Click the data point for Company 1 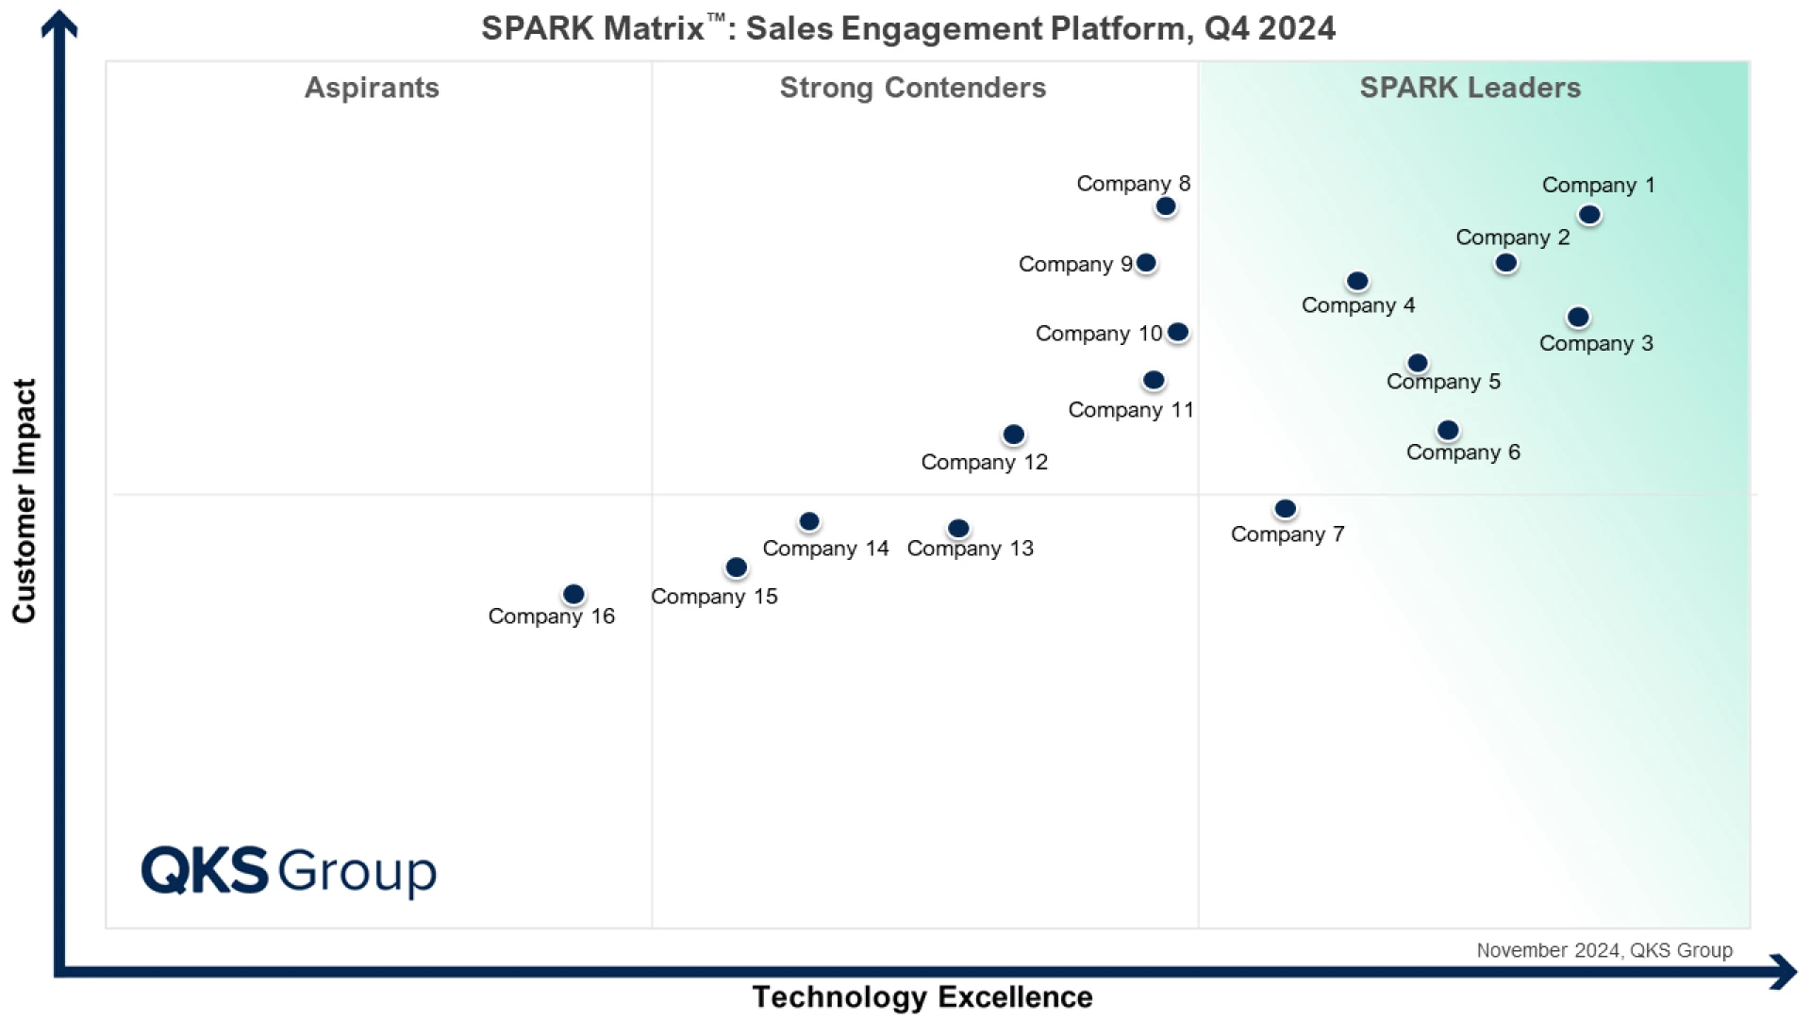(1589, 215)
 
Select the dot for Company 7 (1285, 509)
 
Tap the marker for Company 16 (573, 595)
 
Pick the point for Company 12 (1013, 435)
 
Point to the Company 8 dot (1166, 206)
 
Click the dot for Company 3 (1578, 318)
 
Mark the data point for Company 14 (809, 521)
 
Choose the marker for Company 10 (1178, 332)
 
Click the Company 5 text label (1443, 382)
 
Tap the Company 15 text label (714, 597)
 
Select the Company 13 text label (970, 549)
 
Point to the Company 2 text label (1512, 238)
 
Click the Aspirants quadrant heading (372, 88)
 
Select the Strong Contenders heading (912, 88)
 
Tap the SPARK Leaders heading (1470, 88)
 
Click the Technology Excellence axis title (922, 996)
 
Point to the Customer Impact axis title (25, 501)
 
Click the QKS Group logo (289, 870)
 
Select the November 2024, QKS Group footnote (1603, 950)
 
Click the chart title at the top (907, 28)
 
